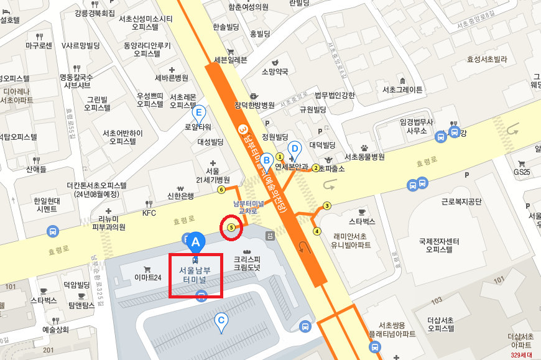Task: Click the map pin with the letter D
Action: [295, 149]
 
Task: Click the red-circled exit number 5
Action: [232, 228]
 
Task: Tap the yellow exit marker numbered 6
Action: [221, 190]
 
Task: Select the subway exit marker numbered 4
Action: [317, 232]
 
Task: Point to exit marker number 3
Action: [327, 206]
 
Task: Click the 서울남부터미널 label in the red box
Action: [196, 275]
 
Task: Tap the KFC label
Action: [149, 213]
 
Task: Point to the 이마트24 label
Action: [148, 277]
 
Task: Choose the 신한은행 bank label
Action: [180, 196]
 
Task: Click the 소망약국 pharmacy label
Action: [275, 72]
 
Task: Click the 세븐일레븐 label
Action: [230, 60]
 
